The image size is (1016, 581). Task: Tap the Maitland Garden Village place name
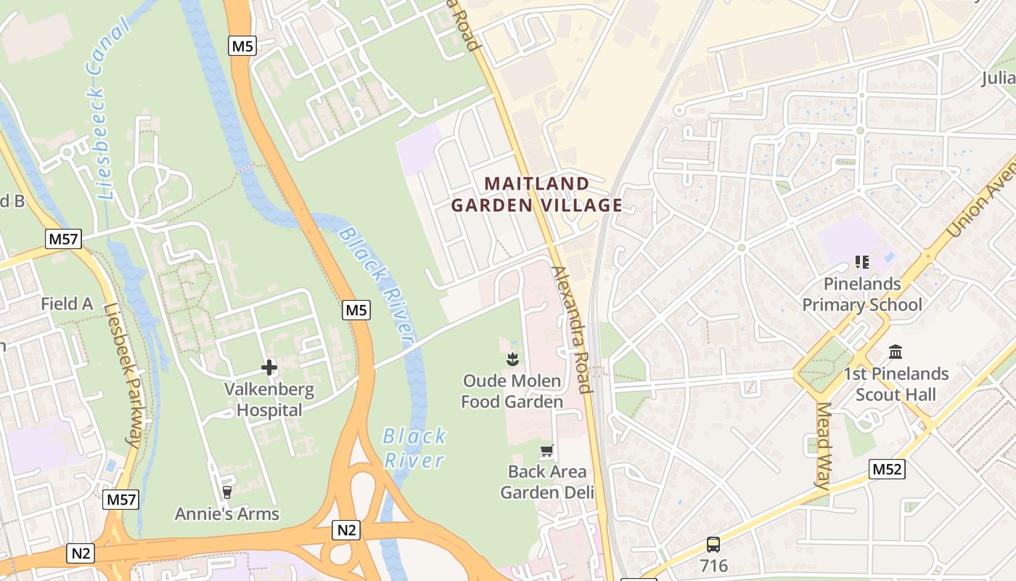coord(537,194)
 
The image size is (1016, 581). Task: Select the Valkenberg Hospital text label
coord(269,399)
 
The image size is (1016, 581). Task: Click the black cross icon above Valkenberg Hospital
coord(269,368)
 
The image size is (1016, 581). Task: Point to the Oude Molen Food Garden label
coord(512,391)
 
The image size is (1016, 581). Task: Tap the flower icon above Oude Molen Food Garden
coord(512,359)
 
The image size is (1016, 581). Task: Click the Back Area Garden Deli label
coord(547,482)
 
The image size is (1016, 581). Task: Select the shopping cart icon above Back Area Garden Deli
coord(547,451)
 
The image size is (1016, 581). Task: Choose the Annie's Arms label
coord(227,513)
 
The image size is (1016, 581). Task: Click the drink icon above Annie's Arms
coord(227,492)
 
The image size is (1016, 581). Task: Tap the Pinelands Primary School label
coord(862,294)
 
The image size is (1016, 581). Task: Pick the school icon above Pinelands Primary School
coord(862,261)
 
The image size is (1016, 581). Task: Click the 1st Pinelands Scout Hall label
coord(896,384)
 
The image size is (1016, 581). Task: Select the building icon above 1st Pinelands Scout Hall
coord(896,352)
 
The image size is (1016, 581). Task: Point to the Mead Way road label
coord(823,444)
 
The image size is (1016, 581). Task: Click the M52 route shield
coord(887,469)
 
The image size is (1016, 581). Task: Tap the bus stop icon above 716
coord(713,544)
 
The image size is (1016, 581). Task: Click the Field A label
coord(67,304)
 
